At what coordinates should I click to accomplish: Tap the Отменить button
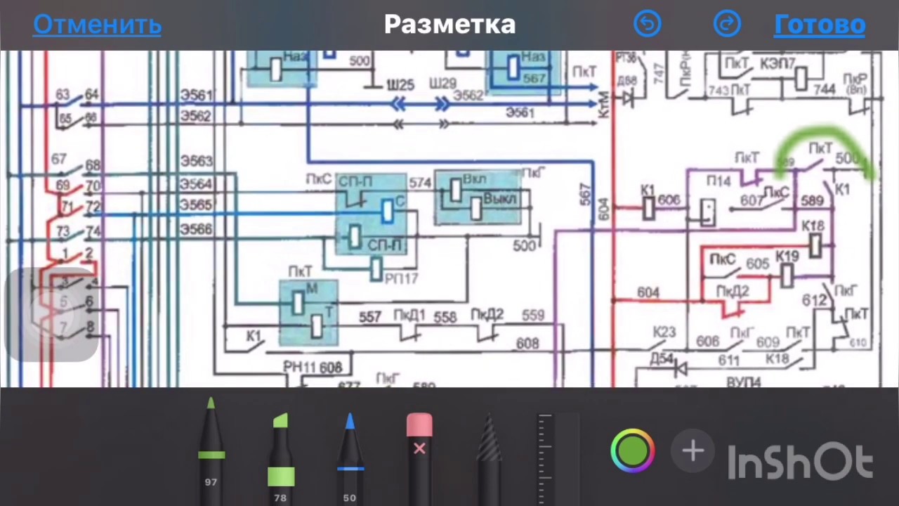(x=97, y=25)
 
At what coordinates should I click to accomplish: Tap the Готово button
(x=819, y=25)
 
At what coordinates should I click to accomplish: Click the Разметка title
(x=449, y=25)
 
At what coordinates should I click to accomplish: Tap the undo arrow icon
(x=647, y=25)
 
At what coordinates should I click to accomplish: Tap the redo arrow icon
(x=727, y=25)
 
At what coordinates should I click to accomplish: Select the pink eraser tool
(x=419, y=450)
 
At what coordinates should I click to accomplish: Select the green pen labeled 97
(x=211, y=450)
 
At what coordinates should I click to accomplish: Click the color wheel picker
(x=632, y=450)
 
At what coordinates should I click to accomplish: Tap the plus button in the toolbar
(x=693, y=450)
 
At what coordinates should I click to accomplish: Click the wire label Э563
(x=196, y=161)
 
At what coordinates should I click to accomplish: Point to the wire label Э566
(x=196, y=229)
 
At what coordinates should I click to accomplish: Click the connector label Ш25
(x=400, y=84)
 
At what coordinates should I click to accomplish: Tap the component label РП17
(x=401, y=278)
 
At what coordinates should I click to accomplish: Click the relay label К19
(x=787, y=257)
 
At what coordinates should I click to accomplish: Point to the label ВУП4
(x=743, y=382)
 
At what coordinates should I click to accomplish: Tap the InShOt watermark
(x=800, y=463)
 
